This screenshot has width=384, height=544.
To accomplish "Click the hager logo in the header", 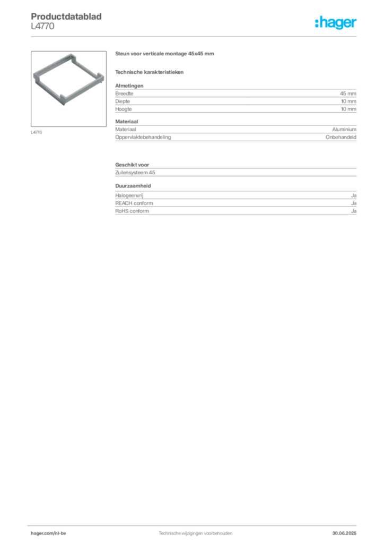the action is (x=336, y=22).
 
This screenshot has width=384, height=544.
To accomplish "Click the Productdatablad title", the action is (x=66, y=16).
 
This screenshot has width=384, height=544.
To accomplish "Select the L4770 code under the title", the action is (x=42, y=27).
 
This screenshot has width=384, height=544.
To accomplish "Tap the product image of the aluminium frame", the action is (x=68, y=79).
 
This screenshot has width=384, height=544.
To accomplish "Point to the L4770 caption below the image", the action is (x=37, y=132).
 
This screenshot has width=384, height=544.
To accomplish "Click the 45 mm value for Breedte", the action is (x=348, y=93).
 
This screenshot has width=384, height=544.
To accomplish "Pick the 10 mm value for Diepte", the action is (x=348, y=101).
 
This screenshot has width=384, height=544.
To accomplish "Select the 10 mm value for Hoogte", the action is (x=348, y=109).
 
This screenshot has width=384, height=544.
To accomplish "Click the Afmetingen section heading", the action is (x=129, y=86).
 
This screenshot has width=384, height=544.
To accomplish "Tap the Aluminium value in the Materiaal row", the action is (x=344, y=130).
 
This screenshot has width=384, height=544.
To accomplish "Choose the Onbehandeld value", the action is (x=341, y=137).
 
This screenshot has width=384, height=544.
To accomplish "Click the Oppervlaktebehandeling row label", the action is (x=143, y=137).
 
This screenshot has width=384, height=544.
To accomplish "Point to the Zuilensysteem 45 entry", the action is (x=135, y=173).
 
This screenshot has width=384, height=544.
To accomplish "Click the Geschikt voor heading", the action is (x=132, y=165).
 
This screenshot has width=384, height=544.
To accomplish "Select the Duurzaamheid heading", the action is (x=133, y=186).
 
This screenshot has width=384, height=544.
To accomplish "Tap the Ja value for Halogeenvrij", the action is (x=354, y=195).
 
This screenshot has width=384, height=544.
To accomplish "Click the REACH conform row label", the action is (x=134, y=203).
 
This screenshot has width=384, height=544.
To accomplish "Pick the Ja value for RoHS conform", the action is (x=354, y=211).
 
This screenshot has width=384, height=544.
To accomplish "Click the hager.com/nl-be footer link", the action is (x=48, y=533).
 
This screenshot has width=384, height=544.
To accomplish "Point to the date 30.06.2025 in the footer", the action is (x=344, y=533).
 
